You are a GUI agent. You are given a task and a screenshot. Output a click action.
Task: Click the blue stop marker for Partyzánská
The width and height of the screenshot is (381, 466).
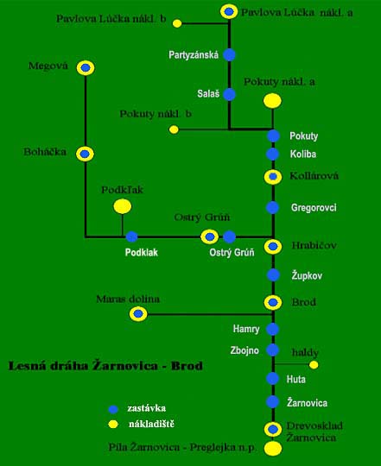(229, 54)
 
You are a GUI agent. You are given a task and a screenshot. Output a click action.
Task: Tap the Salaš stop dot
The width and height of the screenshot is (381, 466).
(229, 94)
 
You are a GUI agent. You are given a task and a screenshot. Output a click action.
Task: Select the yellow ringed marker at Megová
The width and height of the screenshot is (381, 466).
(86, 68)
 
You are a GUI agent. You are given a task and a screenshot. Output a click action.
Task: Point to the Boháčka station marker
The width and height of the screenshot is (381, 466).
(85, 154)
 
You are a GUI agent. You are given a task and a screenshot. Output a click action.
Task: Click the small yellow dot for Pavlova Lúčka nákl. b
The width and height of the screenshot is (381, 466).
(177, 23)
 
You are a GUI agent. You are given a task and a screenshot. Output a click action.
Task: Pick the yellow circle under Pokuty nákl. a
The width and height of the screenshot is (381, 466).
(272, 101)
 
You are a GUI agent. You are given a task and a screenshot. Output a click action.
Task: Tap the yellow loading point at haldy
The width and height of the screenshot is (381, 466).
(314, 365)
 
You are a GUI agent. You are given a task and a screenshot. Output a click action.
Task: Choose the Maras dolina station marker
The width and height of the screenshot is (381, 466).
(138, 314)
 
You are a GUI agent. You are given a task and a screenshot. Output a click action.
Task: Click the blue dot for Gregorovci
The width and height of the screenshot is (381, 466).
(272, 207)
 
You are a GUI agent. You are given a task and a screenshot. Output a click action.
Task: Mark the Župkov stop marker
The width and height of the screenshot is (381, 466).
(273, 275)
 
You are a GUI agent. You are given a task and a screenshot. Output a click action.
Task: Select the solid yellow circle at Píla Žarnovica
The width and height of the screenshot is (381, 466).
(273, 449)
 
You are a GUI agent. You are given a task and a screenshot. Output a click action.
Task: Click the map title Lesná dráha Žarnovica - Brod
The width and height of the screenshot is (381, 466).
(105, 366)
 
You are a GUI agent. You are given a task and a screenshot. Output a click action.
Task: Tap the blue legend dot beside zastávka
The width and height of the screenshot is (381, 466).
(113, 409)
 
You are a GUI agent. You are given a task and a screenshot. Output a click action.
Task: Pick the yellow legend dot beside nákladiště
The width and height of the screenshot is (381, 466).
(113, 424)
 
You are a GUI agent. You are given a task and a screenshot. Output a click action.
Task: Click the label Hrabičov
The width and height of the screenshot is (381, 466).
(314, 245)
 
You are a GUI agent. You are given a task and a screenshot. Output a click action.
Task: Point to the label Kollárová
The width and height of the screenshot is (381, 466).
(314, 176)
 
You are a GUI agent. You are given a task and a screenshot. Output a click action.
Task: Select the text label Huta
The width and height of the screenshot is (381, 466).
(296, 379)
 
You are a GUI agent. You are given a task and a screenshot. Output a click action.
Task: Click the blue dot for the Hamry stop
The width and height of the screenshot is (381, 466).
(272, 329)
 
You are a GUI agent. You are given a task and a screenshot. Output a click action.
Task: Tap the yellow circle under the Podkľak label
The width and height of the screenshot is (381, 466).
(122, 206)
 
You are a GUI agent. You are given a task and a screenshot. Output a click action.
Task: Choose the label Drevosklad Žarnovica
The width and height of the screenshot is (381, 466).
(314, 431)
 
